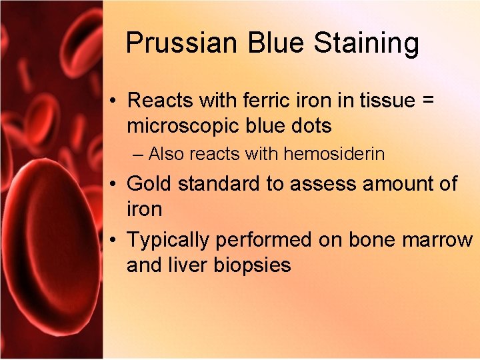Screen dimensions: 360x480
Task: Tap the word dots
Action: (x=309, y=125)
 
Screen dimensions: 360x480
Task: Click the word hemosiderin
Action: (x=334, y=154)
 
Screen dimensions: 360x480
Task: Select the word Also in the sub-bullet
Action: (x=167, y=154)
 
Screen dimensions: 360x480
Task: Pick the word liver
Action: (x=193, y=265)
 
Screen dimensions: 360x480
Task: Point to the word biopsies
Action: (x=253, y=266)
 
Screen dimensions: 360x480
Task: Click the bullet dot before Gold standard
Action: (x=115, y=184)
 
